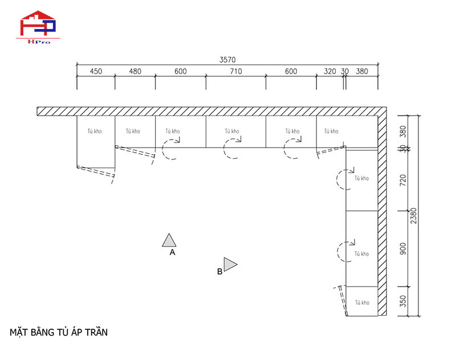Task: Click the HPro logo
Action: click(38, 27)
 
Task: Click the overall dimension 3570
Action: click(227, 60)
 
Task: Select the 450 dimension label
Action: click(96, 71)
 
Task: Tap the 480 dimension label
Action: click(135, 71)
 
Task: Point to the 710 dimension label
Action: click(236, 71)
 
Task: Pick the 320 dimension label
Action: click(330, 71)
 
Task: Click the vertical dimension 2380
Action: click(414, 215)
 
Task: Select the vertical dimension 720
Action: click(403, 181)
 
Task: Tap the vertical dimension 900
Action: click(403, 249)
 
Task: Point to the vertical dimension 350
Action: click(403, 301)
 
